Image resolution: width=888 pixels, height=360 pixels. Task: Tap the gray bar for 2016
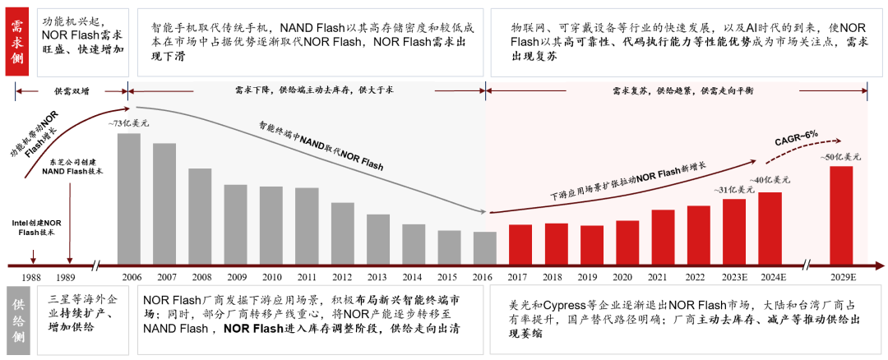(485, 247)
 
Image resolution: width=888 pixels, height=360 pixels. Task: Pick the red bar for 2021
(663, 236)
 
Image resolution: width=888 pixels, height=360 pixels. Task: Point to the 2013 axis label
(378, 277)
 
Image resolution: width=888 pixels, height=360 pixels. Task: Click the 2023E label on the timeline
(734, 277)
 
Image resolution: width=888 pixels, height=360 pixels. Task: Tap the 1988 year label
(33, 277)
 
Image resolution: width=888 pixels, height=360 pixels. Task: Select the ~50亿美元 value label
(840, 156)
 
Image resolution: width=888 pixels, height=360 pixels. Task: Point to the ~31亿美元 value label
(733, 190)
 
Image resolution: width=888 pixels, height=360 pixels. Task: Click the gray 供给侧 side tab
(16, 320)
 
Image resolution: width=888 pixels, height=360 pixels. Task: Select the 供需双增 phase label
(70, 91)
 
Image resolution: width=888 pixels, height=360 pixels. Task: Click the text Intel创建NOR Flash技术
(33, 227)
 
